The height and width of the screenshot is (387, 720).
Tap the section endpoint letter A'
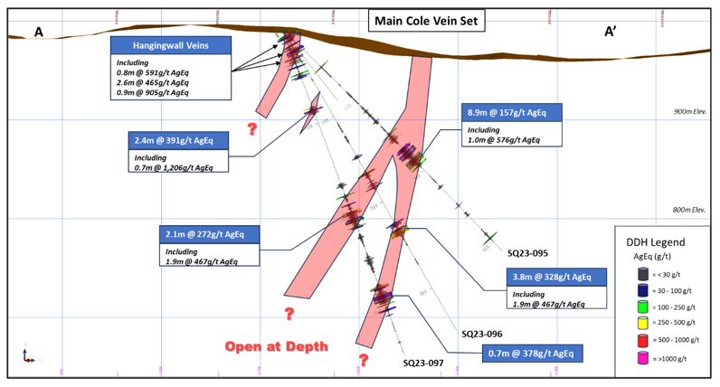coord(611,33)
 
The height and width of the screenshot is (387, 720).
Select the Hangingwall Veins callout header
coord(170,45)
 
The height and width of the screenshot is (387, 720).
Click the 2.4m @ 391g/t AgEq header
coord(178,140)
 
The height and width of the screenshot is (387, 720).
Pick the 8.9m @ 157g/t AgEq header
coord(511,112)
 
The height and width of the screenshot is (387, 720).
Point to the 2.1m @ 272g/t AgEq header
coord(208,233)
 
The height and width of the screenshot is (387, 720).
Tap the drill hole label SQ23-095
coord(528,253)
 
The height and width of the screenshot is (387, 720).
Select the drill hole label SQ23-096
coord(481,333)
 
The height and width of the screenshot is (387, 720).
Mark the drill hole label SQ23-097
coord(424,362)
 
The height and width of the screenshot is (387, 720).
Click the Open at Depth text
coord(276,346)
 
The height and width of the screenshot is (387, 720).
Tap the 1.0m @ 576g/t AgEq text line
coord(505,139)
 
